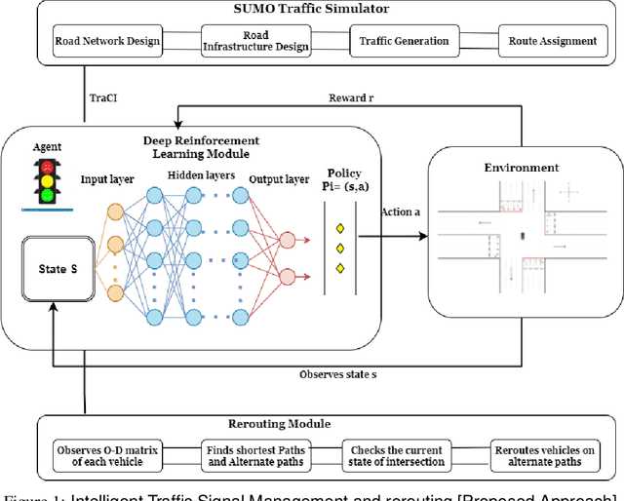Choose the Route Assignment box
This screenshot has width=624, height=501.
click(x=553, y=42)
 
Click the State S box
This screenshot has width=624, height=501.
click(x=57, y=270)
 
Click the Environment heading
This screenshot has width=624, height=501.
click(x=521, y=168)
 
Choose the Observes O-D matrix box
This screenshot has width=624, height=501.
click(x=107, y=454)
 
